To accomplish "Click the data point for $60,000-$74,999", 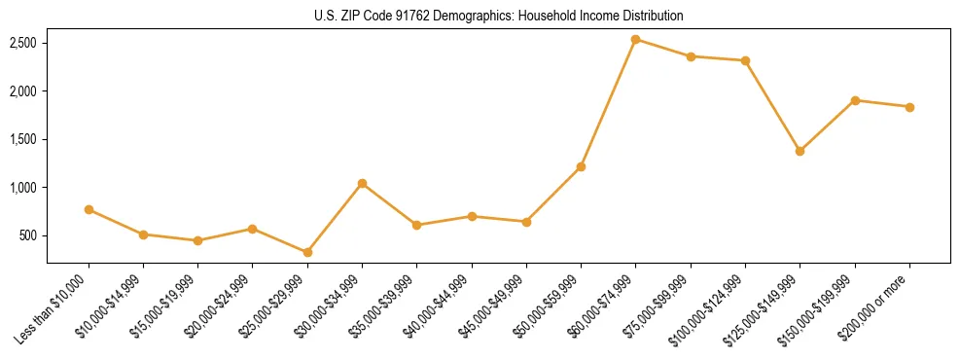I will tap(635, 40).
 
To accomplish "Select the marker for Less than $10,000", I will tap(89, 209).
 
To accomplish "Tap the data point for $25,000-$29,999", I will tap(307, 252).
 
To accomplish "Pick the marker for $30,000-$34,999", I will tap(362, 183).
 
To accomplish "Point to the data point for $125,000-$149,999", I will tap(800, 151).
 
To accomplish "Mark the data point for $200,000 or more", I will tap(909, 107).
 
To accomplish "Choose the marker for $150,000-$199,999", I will tap(855, 100).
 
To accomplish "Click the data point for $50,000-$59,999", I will tap(581, 166).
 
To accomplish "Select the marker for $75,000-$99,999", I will tap(691, 56).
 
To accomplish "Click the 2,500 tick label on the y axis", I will tap(23, 43).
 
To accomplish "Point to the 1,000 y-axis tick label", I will tap(23, 188).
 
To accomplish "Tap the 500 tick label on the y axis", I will tap(28, 235).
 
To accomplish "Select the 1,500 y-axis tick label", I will tap(23, 139).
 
